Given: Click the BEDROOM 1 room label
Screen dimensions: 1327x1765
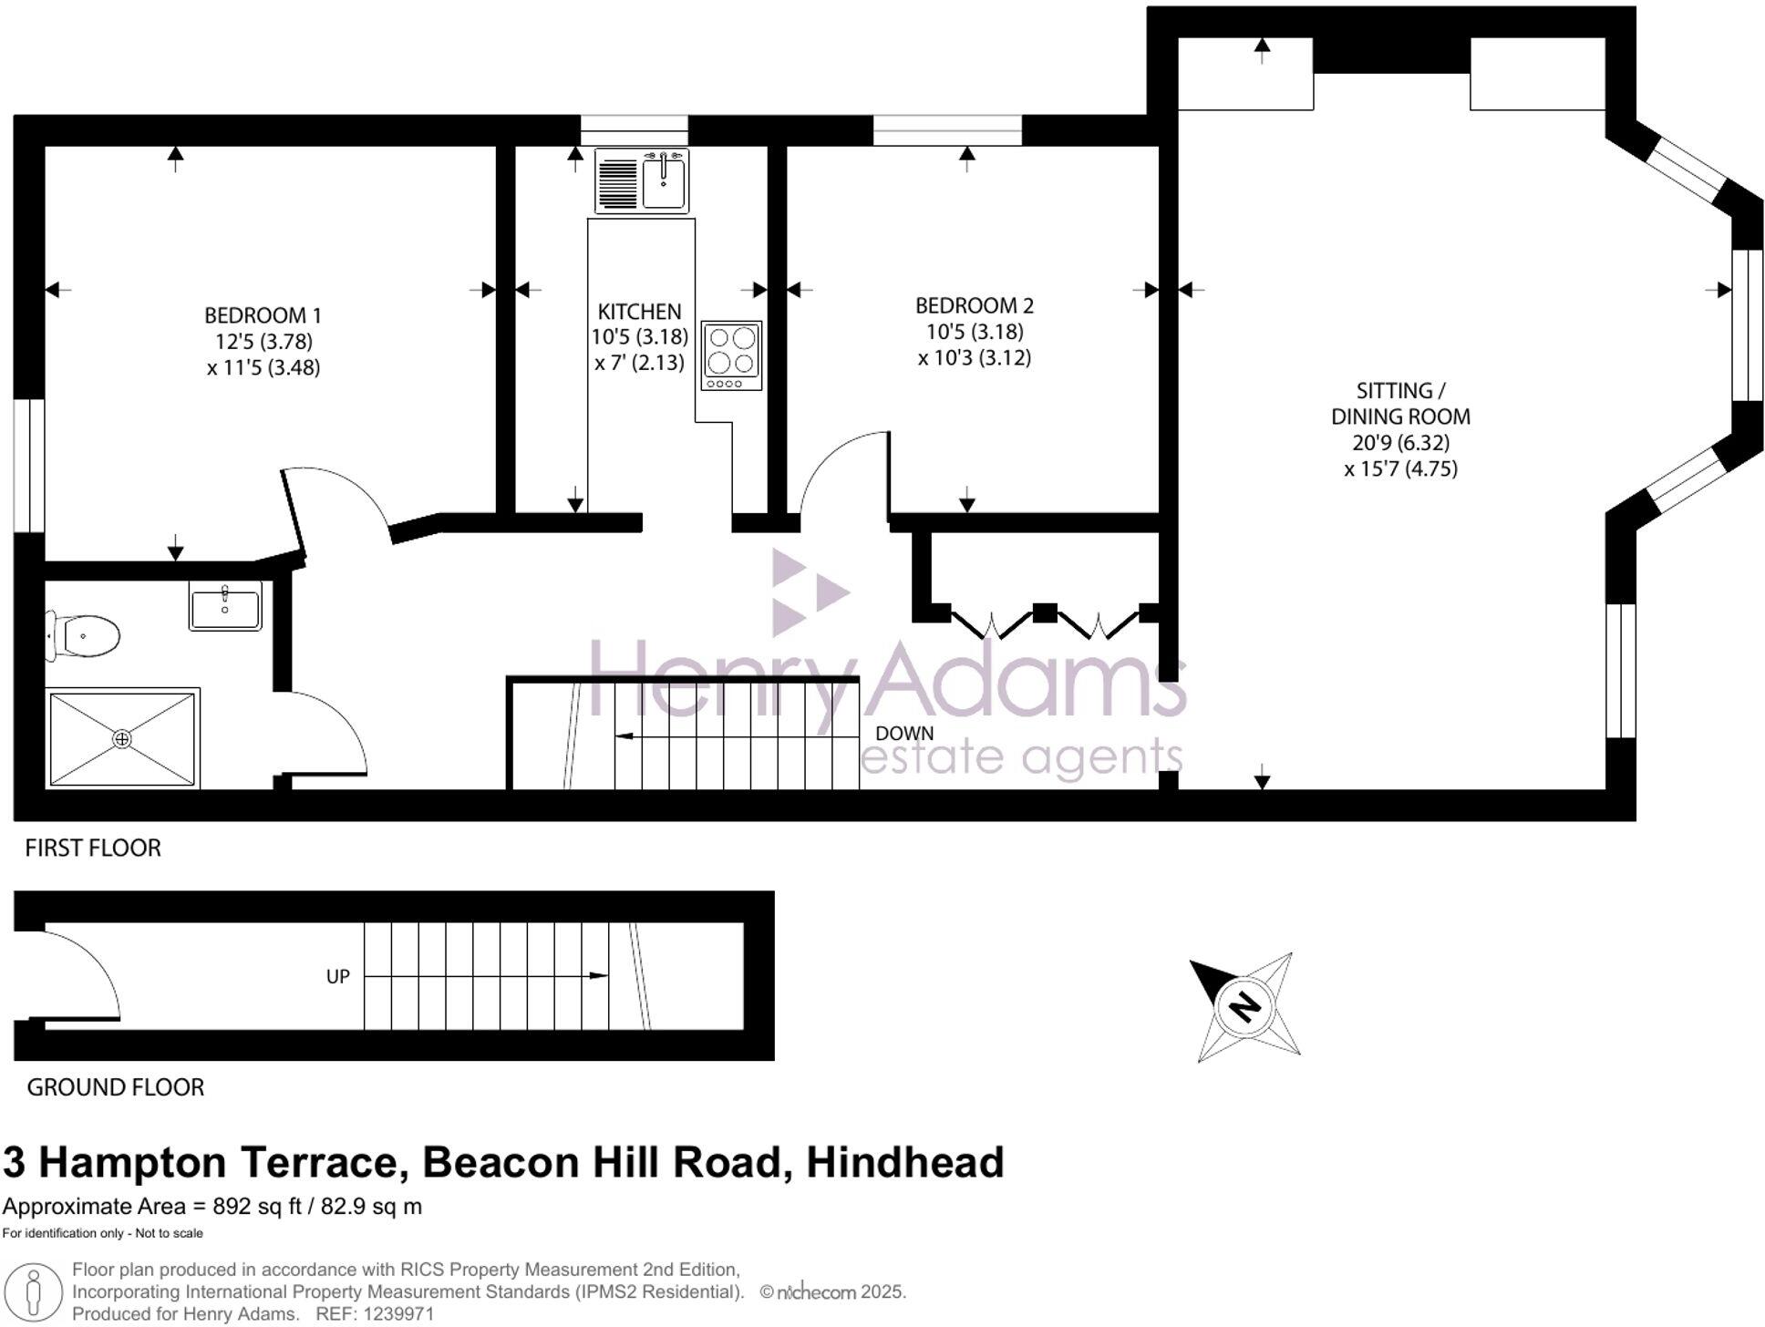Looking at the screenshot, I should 263,315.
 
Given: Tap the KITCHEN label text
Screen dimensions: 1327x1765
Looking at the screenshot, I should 639,311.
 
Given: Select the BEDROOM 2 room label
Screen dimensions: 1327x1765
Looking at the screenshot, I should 974,305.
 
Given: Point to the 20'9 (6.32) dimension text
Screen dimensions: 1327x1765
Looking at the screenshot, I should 1400,443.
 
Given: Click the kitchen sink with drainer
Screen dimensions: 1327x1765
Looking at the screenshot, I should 642,181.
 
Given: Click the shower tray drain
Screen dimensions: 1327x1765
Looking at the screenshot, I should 122,739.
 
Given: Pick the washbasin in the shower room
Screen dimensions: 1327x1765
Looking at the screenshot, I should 225,606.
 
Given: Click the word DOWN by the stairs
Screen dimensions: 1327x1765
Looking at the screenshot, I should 903,734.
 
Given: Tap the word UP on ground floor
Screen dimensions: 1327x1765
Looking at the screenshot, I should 337,977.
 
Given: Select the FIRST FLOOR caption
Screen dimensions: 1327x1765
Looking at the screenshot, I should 92,849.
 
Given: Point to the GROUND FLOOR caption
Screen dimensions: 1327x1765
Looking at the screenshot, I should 115,1087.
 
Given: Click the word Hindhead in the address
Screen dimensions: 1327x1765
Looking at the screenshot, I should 904,1163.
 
